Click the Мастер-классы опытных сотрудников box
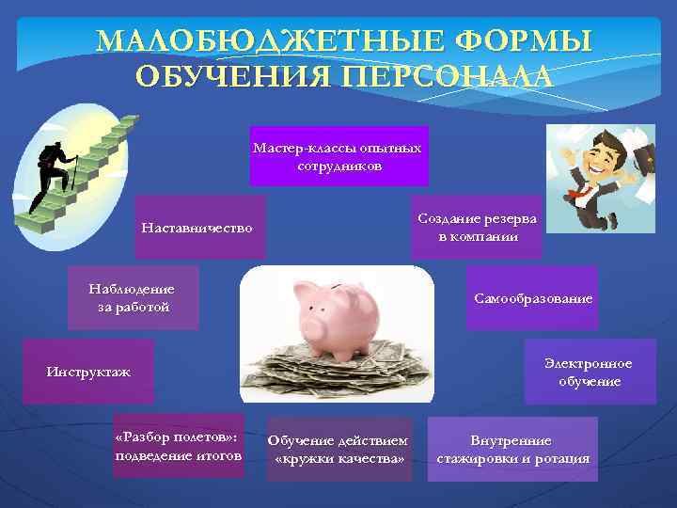click(x=338, y=156)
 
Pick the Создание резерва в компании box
click(x=478, y=227)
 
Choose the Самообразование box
click(x=533, y=298)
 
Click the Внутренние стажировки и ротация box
click(x=512, y=450)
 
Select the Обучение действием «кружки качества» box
click(x=338, y=450)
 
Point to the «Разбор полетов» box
click(x=178, y=446)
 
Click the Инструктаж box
click(x=88, y=372)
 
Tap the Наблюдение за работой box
click(x=133, y=296)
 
